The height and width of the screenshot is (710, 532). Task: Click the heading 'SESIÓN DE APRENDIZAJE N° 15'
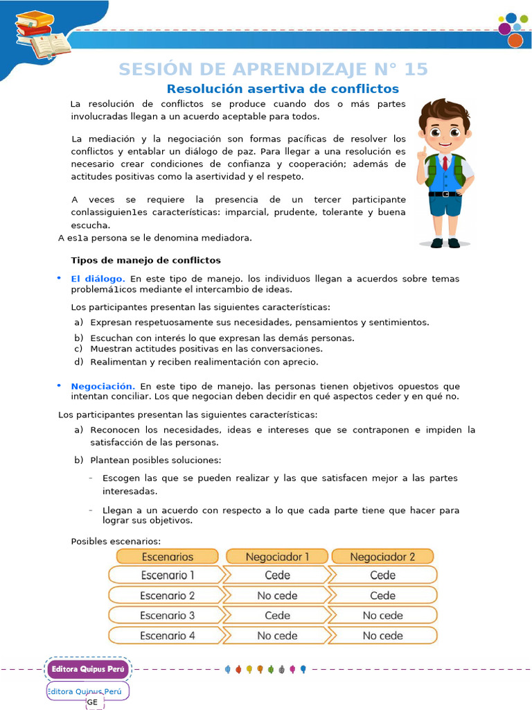click(273, 69)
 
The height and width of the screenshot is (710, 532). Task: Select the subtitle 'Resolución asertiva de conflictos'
click(283, 89)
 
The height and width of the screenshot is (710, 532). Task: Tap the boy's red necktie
click(445, 164)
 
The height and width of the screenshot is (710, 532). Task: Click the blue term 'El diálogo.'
click(98, 279)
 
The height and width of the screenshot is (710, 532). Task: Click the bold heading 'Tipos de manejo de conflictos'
click(145, 260)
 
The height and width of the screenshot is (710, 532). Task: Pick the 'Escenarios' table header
click(168, 557)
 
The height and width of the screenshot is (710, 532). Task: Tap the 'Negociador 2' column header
click(382, 557)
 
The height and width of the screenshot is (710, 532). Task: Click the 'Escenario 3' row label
click(168, 615)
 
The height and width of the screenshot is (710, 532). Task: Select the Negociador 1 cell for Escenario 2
click(277, 596)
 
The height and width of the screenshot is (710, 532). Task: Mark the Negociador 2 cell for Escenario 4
click(382, 635)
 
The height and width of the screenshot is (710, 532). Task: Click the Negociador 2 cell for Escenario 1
click(382, 575)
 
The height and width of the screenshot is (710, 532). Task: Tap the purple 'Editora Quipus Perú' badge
click(87, 669)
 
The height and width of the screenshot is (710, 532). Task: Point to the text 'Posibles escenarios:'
click(116, 541)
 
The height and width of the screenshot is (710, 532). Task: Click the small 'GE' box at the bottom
click(93, 702)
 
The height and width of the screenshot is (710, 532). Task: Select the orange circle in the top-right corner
click(515, 40)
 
